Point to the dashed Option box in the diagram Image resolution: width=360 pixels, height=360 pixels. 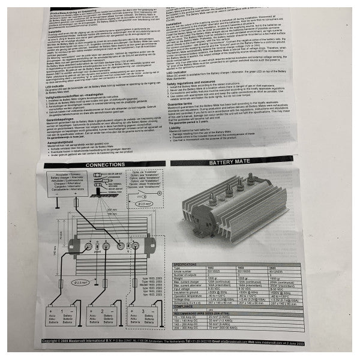point(140,180)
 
